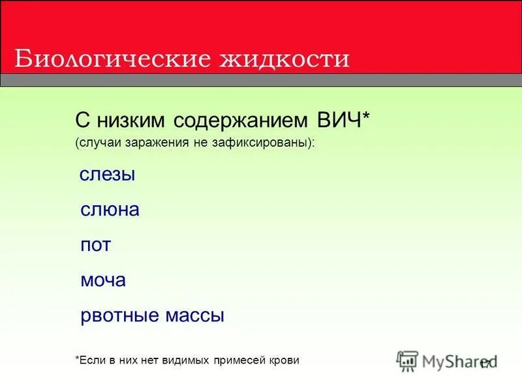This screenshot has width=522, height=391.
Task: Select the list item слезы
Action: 107,175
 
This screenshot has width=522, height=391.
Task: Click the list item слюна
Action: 110,210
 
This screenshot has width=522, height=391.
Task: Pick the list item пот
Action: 95,246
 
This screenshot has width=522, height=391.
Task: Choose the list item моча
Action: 103,281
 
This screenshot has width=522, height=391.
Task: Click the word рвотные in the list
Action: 120,316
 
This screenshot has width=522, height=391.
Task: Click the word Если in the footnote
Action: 93,360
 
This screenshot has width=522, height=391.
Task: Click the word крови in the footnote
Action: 284,360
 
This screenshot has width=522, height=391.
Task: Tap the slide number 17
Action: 485,365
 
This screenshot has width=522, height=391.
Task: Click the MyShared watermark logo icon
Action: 408,361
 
